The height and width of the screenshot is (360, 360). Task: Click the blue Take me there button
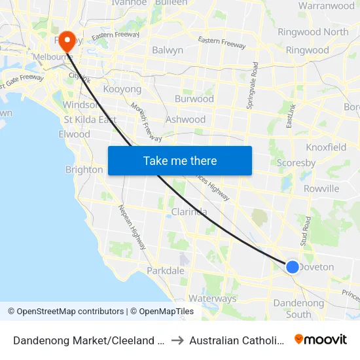pos(180,160)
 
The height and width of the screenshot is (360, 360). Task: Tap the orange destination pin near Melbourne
pos(67,40)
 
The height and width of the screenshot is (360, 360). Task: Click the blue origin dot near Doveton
pos(293,266)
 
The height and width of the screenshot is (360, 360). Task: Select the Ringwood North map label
pos(313,31)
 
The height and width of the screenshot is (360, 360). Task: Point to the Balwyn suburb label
pos(168,50)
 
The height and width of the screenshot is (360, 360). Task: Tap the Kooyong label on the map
pos(122,88)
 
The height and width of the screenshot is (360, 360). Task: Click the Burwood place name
pos(194,99)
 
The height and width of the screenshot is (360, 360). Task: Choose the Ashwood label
pos(185,119)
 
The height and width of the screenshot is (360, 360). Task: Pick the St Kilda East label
pos(90,119)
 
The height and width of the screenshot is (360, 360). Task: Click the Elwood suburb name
pos(74,134)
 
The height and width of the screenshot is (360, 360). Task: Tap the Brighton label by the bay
pos(84,170)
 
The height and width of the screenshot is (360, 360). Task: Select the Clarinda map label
pos(189,211)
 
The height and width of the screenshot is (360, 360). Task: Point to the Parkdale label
pos(166,270)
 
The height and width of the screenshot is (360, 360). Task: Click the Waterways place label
pos(212,298)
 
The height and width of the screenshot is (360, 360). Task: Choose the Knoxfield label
pos(326,147)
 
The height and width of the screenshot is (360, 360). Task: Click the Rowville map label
pos(321,189)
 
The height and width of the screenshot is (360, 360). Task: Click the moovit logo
pos(321,339)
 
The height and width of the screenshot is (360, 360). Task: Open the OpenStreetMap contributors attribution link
pos(69,312)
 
